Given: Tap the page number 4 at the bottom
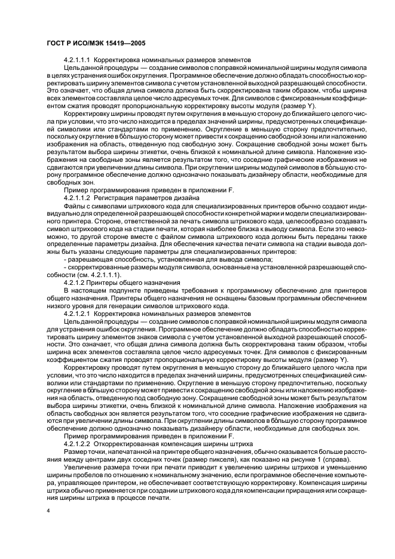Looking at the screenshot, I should click(47, 512).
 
